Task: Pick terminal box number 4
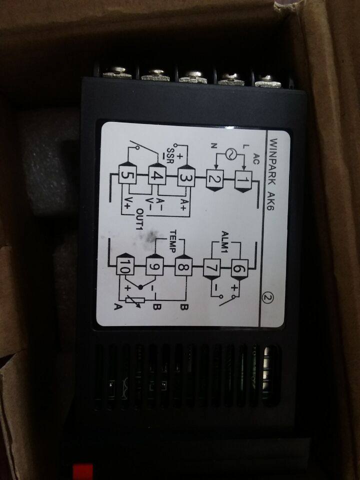[x=156, y=177]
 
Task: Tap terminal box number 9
[x=153, y=267]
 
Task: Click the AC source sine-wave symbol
[x=231, y=154]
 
